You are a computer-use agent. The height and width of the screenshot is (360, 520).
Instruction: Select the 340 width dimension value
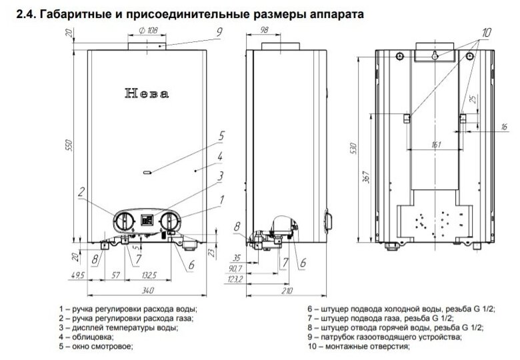(x=148, y=291)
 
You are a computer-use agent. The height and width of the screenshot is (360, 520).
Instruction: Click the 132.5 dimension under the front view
(x=149, y=275)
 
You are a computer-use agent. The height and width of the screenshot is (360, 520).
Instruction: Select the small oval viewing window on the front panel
(x=147, y=173)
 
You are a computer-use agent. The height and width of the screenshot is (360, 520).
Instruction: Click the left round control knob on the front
(x=124, y=220)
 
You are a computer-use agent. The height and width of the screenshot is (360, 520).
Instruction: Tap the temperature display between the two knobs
(x=147, y=219)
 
